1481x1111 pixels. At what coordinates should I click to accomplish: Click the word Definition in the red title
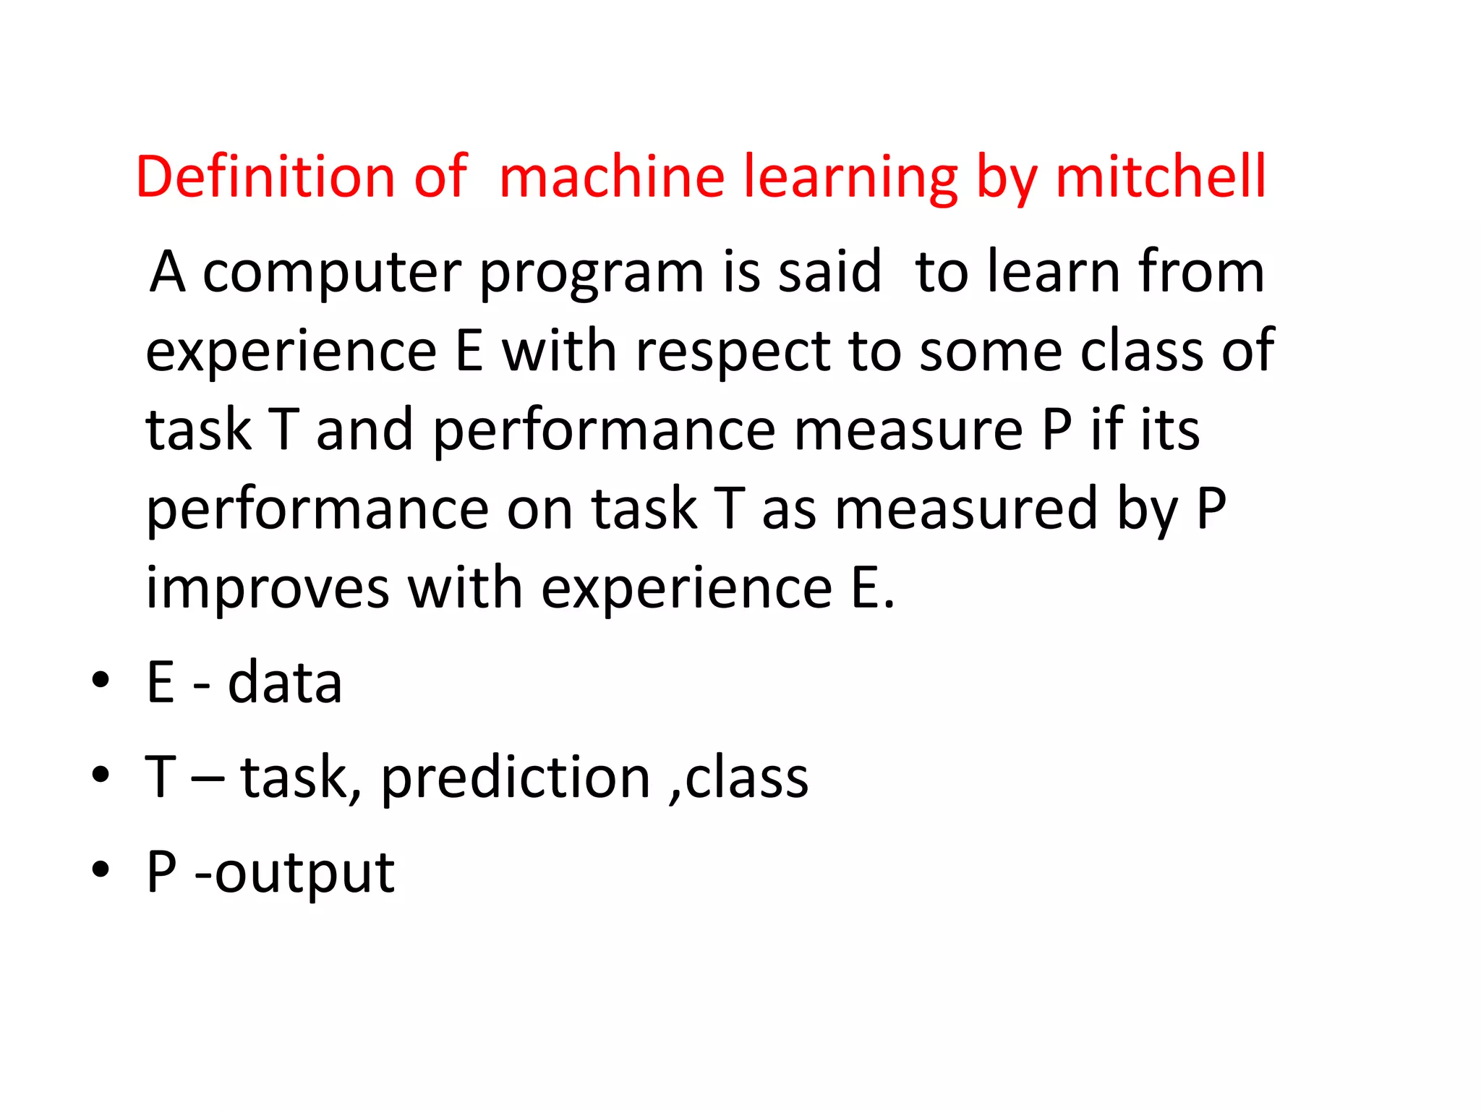point(265,176)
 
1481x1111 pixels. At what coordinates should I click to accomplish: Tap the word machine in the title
point(612,176)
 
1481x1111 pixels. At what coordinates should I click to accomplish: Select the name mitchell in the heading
point(1161,176)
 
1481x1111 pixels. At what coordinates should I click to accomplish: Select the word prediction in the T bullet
point(516,778)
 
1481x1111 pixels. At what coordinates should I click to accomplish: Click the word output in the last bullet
point(304,873)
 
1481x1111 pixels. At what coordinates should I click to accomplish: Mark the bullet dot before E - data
point(101,680)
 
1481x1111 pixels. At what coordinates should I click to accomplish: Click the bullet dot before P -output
point(101,869)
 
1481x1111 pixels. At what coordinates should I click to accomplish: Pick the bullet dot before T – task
point(101,775)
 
